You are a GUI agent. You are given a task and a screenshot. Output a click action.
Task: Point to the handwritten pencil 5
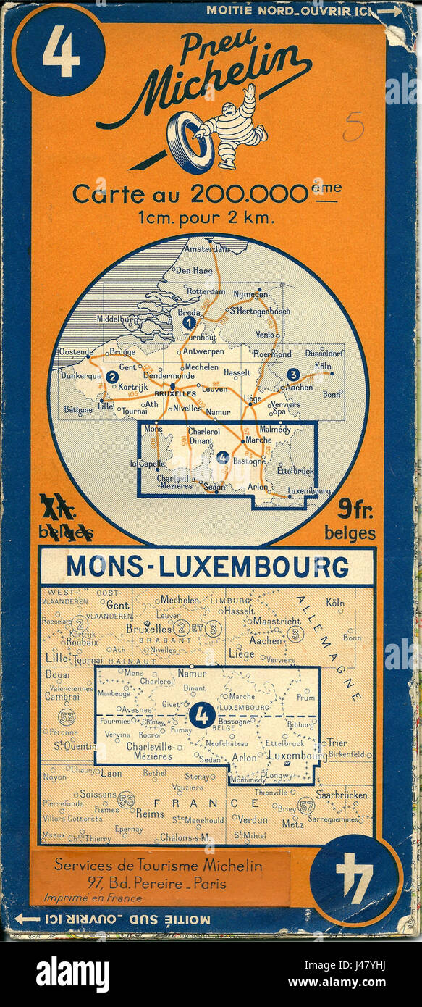click(x=353, y=128)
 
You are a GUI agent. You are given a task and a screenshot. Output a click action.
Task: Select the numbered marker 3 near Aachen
click(x=292, y=375)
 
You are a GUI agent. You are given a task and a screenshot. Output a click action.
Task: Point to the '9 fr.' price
click(x=353, y=514)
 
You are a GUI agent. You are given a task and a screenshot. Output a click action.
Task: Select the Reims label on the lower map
click(x=151, y=814)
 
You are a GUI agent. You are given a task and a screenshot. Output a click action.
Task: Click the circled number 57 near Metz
click(x=305, y=804)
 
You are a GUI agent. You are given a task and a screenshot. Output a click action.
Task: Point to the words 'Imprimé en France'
click(x=93, y=898)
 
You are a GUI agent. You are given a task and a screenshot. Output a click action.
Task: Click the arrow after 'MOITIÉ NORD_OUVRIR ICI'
click(x=389, y=11)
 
